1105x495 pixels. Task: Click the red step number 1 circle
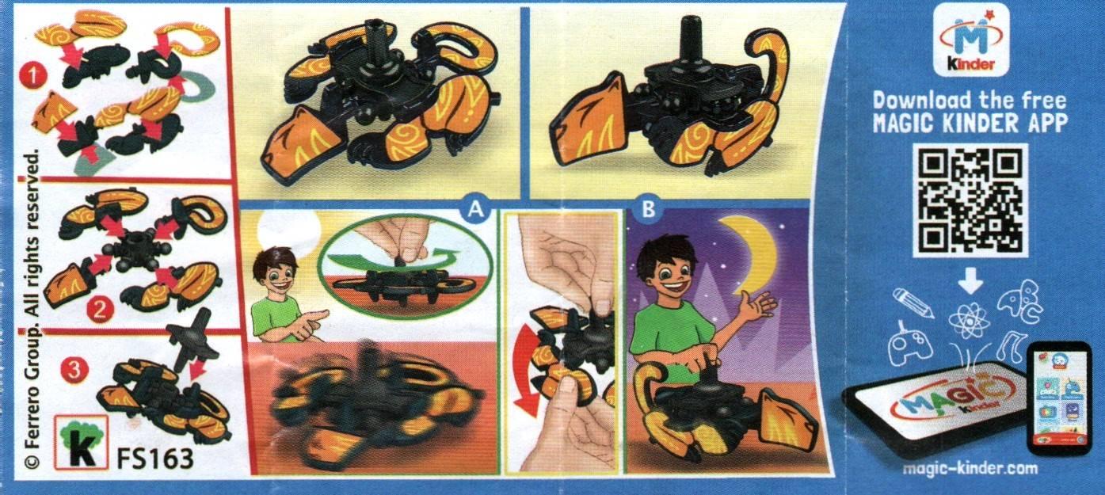tap(33, 76)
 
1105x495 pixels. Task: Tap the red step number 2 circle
tap(100, 310)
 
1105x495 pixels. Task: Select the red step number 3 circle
tap(74, 369)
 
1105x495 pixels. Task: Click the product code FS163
tap(155, 458)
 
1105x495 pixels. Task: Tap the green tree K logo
tap(82, 442)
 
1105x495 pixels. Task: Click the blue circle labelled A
tap(475, 210)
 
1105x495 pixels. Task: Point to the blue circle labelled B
tap(648, 210)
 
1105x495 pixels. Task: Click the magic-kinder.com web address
tap(970, 468)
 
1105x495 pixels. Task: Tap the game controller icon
tap(911, 345)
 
